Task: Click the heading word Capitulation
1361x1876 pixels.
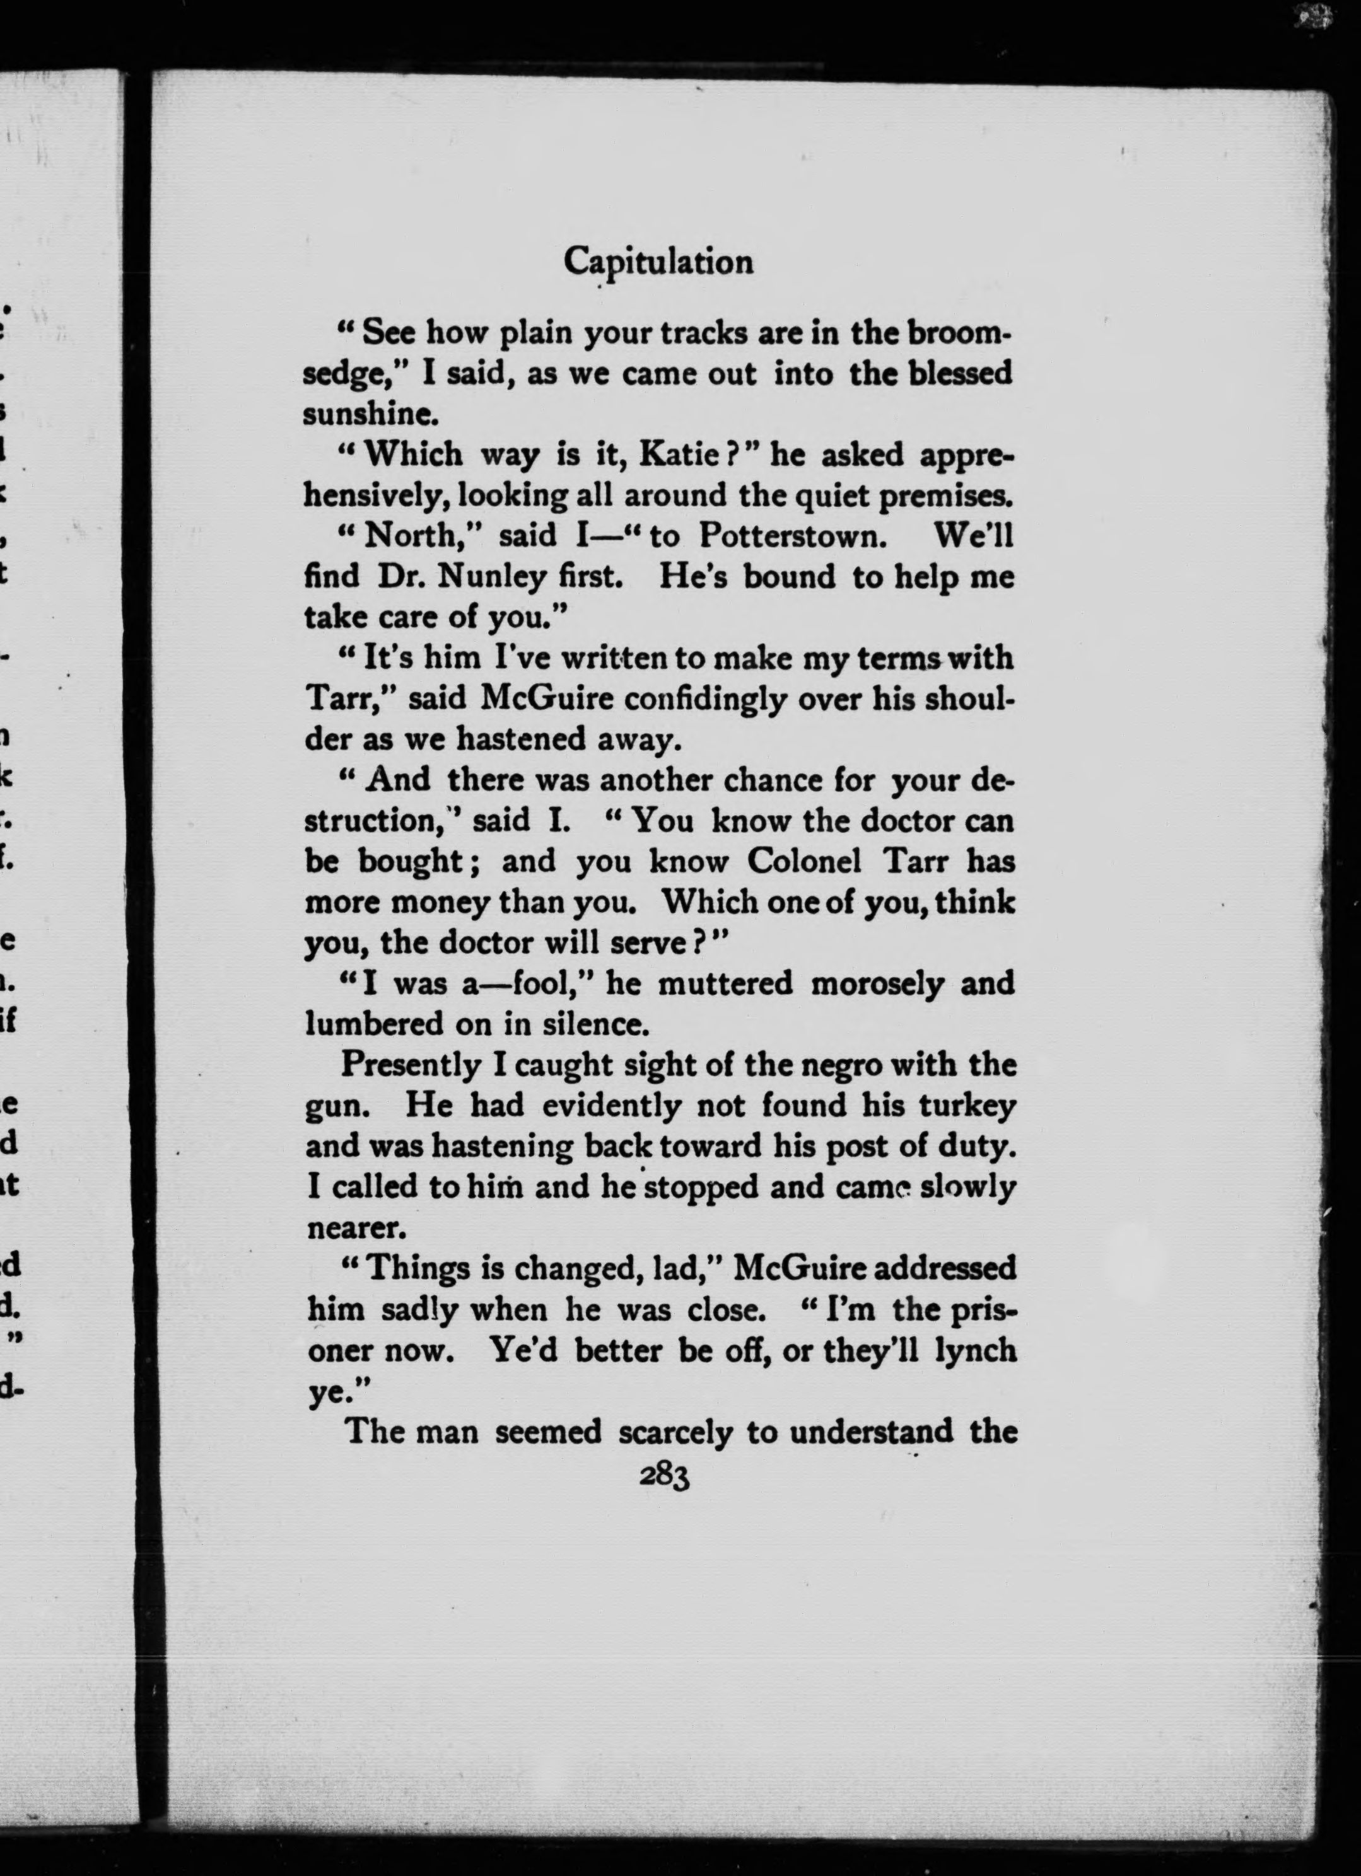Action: point(658,262)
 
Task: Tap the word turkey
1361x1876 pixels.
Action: point(969,1106)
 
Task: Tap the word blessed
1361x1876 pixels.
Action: point(961,374)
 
